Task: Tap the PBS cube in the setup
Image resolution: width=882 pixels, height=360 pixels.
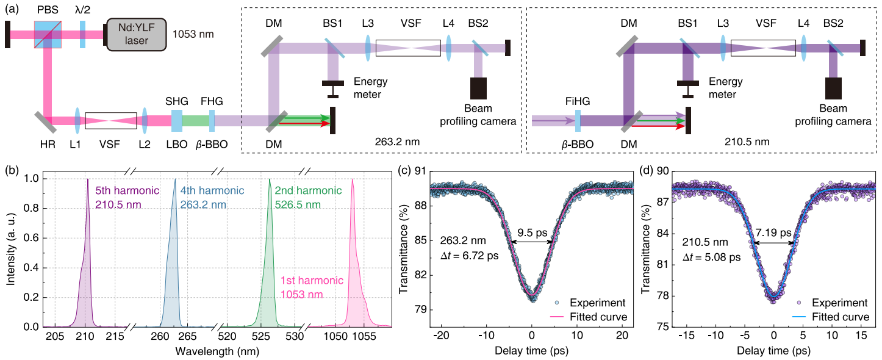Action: [x=48, y=34]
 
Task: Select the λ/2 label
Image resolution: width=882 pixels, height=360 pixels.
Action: [x=82, y=11]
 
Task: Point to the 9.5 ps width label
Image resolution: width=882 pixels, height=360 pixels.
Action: [x=531, y=232]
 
